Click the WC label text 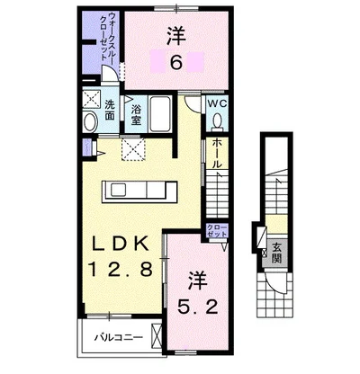click(x=218, y=103)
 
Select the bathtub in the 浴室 click(x=160, y=114)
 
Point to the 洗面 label click(x=110, y=110)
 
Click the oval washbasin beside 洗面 click(x=90, y=122)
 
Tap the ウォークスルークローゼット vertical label click(x=108, y=36)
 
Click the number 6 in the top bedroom click(x=176, y=62)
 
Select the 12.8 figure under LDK click(x=120, y=268)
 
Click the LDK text click(x=120, y=244)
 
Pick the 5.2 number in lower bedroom click(x=198, y=307)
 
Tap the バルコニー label click(x=119, y=338)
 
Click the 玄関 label click(x=276, y=253)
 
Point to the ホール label click(x=217, y=153)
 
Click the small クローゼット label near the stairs click(x=217, y=230)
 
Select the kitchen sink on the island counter click(x=119, y=190)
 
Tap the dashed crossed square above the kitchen click(x=133, y=149)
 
